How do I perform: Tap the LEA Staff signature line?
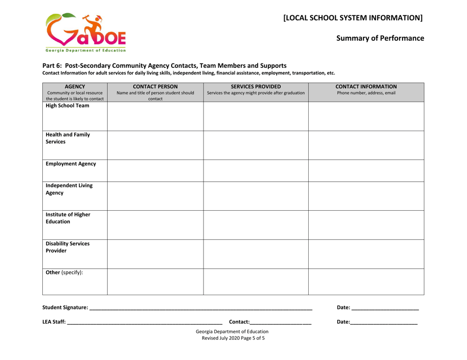pos(145,322)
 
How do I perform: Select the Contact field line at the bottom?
pos(280,322)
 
